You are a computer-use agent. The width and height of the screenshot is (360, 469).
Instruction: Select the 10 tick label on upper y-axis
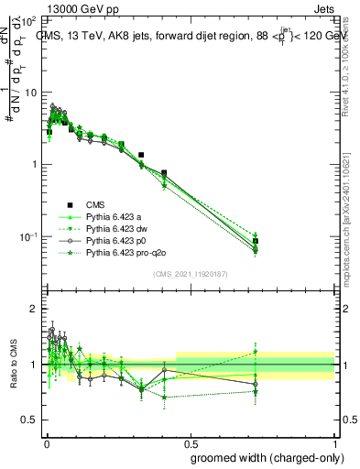point(31,93)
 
